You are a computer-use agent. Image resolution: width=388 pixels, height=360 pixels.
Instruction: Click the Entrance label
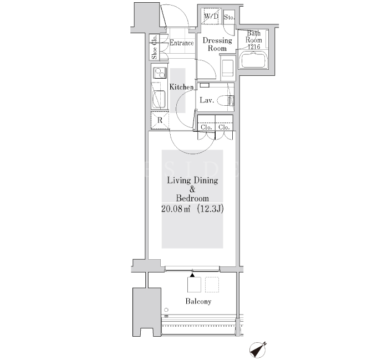click(181, 43)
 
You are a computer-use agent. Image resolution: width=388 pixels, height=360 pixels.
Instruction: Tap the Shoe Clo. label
click(155, 47)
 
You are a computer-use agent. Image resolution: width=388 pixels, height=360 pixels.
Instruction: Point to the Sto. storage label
click(229, 17)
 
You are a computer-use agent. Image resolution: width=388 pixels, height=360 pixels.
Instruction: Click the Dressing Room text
click(217, 44)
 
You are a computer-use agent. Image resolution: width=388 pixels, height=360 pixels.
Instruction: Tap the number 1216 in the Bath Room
click(254, 47)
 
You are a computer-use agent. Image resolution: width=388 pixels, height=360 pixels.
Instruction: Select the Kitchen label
click(181, 87)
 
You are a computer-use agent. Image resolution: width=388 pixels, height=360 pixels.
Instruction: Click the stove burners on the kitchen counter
click(160, 73)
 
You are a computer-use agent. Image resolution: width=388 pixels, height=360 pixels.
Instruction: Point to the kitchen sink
click(159, 99)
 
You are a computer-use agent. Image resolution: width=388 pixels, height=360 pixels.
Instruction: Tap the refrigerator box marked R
click(160, 120)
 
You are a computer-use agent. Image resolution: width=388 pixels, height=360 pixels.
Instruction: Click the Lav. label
click(207, 100)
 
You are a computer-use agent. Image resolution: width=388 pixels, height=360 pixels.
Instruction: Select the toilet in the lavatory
click(226, 101)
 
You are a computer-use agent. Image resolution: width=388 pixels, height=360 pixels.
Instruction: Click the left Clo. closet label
click(206, 127)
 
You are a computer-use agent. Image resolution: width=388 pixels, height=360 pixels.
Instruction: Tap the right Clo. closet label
click(224, 127)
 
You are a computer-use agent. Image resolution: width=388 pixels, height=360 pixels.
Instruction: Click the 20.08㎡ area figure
click(176, 209)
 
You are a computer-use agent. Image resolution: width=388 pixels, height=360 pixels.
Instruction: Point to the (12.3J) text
click(210, 209)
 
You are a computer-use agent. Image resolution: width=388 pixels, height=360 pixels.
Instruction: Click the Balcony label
click(198, 301)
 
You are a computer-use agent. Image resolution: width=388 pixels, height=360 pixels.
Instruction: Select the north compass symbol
click(258, 349)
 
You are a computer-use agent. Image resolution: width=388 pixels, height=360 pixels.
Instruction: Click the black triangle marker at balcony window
click(192, 275)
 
